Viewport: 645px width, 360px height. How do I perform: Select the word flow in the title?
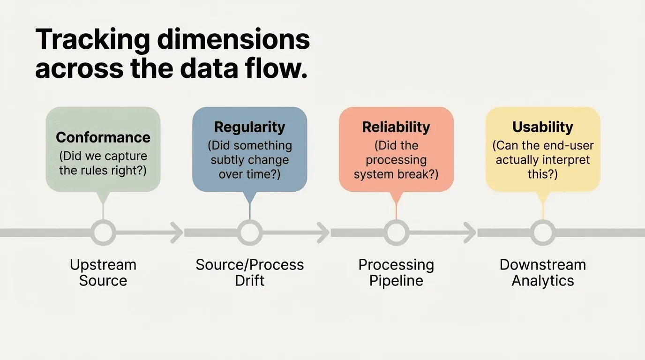coord(276,69)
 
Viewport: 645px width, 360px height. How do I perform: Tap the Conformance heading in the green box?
coord(103,137)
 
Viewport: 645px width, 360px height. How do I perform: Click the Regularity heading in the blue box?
coord(249,127)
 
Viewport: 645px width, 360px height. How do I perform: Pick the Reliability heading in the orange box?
coord(396,127)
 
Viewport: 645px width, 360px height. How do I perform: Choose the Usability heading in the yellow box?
coord(543,127)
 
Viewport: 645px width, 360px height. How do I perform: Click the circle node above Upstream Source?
coord(103,232)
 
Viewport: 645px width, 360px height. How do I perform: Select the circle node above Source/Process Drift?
coord(249,232)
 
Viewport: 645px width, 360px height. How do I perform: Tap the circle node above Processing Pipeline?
coord(396,232)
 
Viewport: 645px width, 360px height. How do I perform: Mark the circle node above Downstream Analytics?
coord(543,232)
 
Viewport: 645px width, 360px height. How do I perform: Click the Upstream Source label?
coord(103,272)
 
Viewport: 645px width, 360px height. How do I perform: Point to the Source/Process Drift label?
coord(249,272)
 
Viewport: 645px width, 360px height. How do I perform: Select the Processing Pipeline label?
coord(396,272)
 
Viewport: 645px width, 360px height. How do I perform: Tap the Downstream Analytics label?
coord(543,272)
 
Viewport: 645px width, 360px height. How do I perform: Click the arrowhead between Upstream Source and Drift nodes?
coord(177,232)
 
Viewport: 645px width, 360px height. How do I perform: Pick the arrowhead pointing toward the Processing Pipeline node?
coord(323,232)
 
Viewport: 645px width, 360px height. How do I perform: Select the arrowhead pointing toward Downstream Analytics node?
coord(470,232)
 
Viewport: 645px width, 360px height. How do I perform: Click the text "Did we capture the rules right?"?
coord(103,163)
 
